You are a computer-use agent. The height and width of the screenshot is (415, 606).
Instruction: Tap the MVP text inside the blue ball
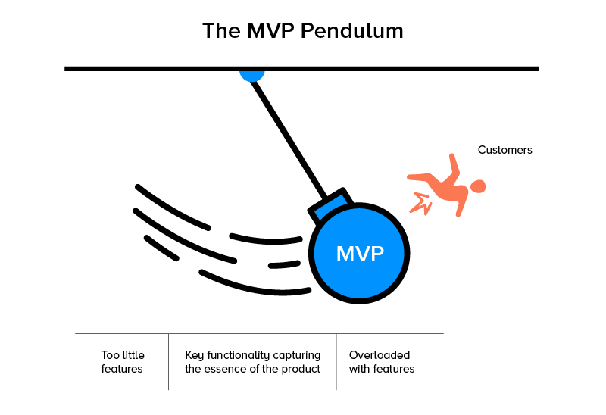click(x=360, y=254)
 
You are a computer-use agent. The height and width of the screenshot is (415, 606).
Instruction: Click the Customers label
click(x=504, y=150)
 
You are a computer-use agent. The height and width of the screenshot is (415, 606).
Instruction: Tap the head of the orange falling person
click(x=477, y=186)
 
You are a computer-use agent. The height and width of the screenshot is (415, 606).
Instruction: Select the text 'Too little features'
click(x=122, y=362)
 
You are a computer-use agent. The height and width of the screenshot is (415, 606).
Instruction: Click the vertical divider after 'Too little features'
click(x=168, y=361)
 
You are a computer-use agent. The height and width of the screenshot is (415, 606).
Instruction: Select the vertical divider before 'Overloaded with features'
click(x=336, y=361)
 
